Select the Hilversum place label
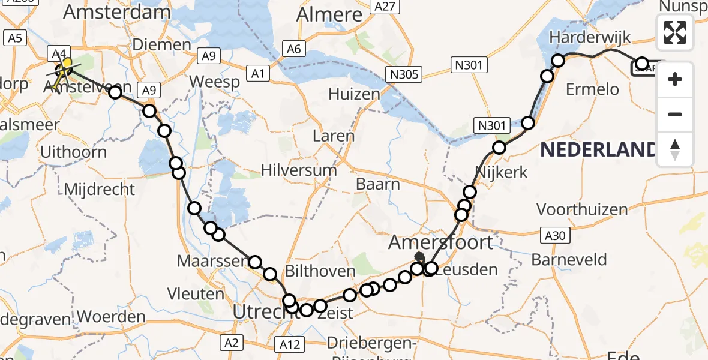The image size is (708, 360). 299,170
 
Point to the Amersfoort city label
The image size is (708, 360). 441,242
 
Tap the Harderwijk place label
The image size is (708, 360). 598,37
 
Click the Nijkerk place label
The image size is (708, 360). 501,173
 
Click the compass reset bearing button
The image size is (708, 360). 675,149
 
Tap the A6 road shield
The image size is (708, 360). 293,49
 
